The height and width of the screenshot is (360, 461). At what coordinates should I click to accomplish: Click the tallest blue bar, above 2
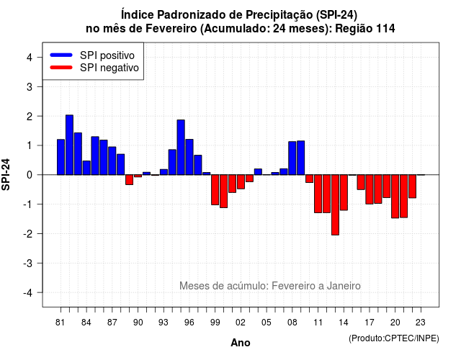click(x=69, y=145)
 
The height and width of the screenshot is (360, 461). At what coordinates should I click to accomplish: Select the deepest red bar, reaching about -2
click(x=335, y=204)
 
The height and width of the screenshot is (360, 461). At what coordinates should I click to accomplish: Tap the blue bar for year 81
click(x=61, y=157)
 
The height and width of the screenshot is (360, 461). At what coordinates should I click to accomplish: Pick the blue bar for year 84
click(x=86, y=168)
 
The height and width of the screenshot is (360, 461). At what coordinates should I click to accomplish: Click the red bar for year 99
click(x=215, y=189)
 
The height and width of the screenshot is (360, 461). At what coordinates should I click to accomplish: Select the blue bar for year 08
click(x=292, y=158)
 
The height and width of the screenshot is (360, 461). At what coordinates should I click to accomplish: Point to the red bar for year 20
click(x=395, y=197)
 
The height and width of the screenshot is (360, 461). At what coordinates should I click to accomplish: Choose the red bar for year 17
click(x=370, y=189)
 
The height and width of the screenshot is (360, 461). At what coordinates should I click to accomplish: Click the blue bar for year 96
click(x=189, y=157)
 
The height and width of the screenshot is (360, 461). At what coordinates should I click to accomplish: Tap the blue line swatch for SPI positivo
click(x=61, y=55)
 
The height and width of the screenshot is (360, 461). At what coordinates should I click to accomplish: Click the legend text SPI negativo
click(x=109, y=68)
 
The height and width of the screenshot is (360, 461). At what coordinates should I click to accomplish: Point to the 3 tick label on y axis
click(x=30, y=86)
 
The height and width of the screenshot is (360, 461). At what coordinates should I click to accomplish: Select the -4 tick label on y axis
click(x=28, y=293)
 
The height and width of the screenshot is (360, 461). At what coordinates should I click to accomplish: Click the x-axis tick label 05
click(x=267, y=323)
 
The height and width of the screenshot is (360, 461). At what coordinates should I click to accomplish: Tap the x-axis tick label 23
click(x=421, y=323)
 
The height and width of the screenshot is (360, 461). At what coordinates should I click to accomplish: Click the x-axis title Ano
click(x=241, y=343)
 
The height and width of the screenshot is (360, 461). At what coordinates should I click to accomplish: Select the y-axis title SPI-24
click(x=6, y=174)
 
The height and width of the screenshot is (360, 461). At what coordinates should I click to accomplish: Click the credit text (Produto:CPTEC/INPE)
click(x=394, y=338)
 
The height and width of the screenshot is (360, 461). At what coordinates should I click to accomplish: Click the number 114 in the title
click(x=385, y=29)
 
